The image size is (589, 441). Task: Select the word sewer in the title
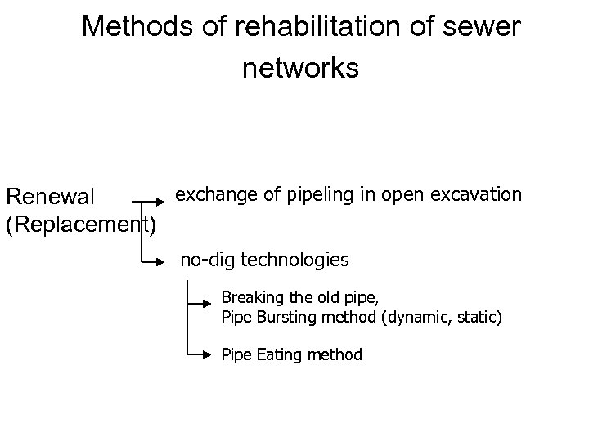click(x=484, y=28)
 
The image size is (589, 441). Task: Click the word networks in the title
click(x=300, y=69)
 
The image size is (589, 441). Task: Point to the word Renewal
click(x=51, y=197)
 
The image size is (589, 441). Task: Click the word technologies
click(x=294, y=261)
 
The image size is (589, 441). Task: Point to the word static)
click(x=480, y=316)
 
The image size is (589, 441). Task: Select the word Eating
click(x=278, y=355)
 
